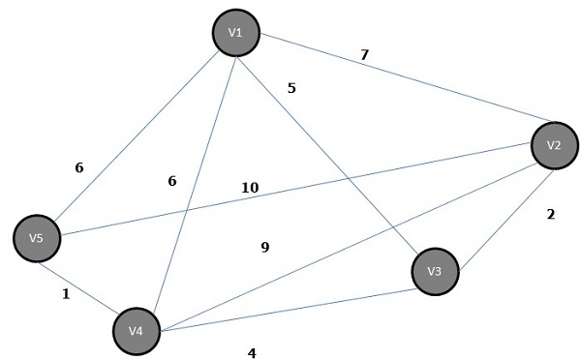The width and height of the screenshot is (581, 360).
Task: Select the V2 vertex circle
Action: click(554, 145)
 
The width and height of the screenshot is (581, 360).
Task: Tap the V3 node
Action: click(435, 272)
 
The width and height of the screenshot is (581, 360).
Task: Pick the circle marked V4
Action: click(137, 331)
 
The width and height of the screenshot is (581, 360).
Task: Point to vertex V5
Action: click(38, 237)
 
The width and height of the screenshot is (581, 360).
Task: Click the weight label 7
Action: click(364, 54)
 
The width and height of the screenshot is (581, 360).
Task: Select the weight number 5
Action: click(291, 88)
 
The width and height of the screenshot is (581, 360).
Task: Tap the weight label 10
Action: click(250, 187)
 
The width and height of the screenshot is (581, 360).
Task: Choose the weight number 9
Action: click(264, 248)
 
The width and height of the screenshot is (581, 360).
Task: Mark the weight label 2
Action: click(550, 215)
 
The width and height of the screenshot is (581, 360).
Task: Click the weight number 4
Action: click(252, 353)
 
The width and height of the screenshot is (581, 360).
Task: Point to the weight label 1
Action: click(66, 294)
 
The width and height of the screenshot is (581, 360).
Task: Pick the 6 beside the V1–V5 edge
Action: click(79, 167)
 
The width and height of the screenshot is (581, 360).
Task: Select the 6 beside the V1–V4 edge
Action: click(172, 181)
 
